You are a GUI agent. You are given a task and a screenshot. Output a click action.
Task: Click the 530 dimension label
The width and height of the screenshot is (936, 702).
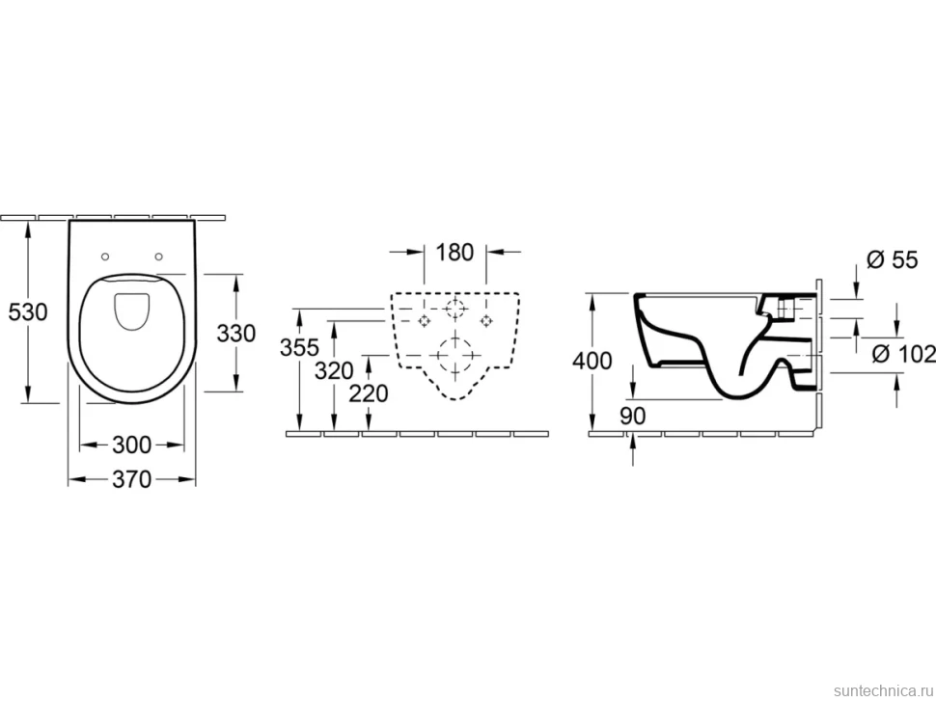pos(27,311)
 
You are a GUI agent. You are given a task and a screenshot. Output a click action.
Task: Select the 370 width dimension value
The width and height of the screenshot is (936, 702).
pos(132,479)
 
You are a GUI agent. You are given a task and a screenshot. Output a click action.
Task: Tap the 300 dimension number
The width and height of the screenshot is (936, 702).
pos(132,445)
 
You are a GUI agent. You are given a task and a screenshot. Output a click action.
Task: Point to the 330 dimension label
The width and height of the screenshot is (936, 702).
pos(236,334)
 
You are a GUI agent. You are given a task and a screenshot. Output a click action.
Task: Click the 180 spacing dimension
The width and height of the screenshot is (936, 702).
pos(454,253)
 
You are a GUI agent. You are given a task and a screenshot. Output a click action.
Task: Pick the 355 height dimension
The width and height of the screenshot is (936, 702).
pos(300,347)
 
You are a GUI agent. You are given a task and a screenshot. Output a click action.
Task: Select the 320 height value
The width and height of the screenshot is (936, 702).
pos(334,371)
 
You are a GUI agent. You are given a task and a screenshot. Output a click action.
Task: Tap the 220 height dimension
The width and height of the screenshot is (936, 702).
pos(369,393)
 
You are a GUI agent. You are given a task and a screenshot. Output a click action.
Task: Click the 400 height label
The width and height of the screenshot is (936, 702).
pos(592,361)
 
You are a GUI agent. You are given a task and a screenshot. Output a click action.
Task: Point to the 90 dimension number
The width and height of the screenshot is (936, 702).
pos(633,416)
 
